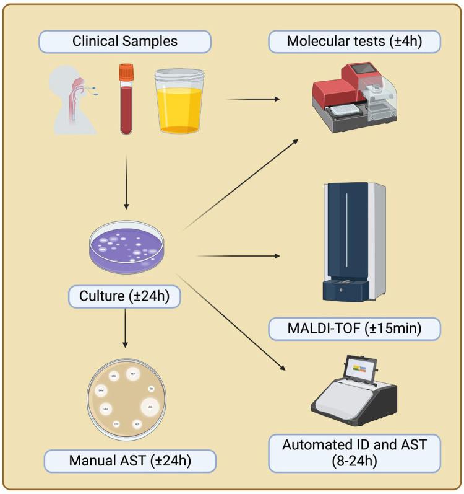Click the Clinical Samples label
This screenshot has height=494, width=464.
(x=126, y=42)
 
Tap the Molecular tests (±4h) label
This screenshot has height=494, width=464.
(x=354, y=42)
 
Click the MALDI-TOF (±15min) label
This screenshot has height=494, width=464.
(x=354, y=329)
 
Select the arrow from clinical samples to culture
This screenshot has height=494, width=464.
(x=126, y=180)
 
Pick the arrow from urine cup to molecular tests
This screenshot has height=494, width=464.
(x=254, y=99)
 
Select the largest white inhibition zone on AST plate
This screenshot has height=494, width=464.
(x=150, y=407)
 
